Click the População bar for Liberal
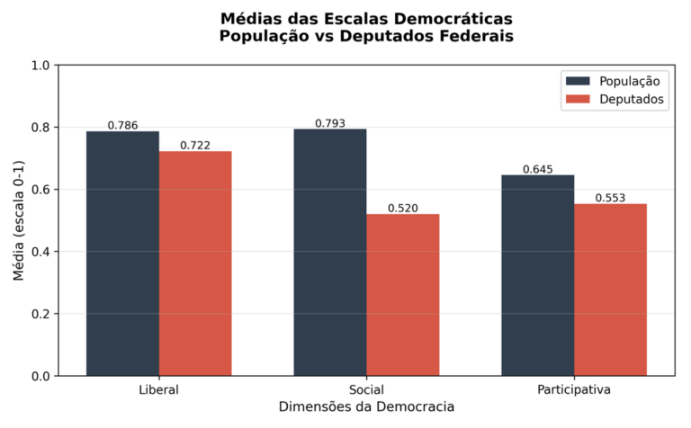click(x=122, y=254)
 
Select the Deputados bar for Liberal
click(x=195, y=263)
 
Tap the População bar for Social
click(x=330, y=253)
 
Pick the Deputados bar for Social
click(x=403, y=295)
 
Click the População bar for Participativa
click(x=538, y=275)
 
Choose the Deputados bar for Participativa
click(x=611, y=290)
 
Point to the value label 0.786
click(x=122, y=125)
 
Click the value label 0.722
click(x=195, y=145)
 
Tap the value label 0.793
click(x=330, y=123)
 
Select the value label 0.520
click(x=403, y=208)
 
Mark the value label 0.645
click(x=538, y=169)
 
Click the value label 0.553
click(x=611, y=198)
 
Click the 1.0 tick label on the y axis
click(x=41, y=66)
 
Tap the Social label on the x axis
click(x=366, y=390)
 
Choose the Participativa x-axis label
click(x=574, y=390)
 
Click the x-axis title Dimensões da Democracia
click(x=366, y=407)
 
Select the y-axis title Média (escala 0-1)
click(x=19, y=221)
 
